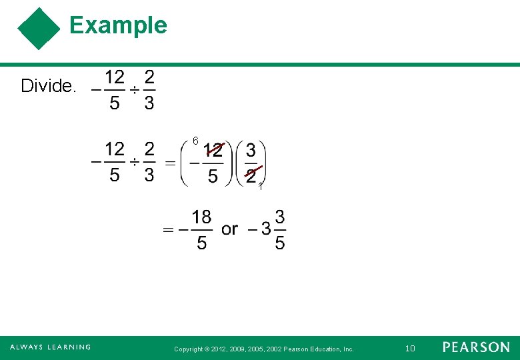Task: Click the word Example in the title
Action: (118, 25)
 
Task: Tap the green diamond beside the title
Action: (39, 29)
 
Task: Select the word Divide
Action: (49, 86)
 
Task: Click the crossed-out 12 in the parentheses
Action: (213, 150)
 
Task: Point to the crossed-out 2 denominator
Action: (251, 175)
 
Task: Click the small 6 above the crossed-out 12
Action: (195, 141)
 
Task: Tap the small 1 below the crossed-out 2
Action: (261, 187)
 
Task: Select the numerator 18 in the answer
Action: (201, 217)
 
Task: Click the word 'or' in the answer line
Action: (229, 229)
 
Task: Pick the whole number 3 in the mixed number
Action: (266, 229)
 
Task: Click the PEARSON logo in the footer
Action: (476, 347)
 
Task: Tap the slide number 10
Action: (410, 348)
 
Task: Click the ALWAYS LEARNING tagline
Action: (50, 347)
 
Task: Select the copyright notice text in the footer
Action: (263, 349)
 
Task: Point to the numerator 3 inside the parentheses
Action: (251, 149)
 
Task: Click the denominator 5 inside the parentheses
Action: (212, 176)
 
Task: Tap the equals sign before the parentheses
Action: (171, 163)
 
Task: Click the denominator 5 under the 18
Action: (201, 243)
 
